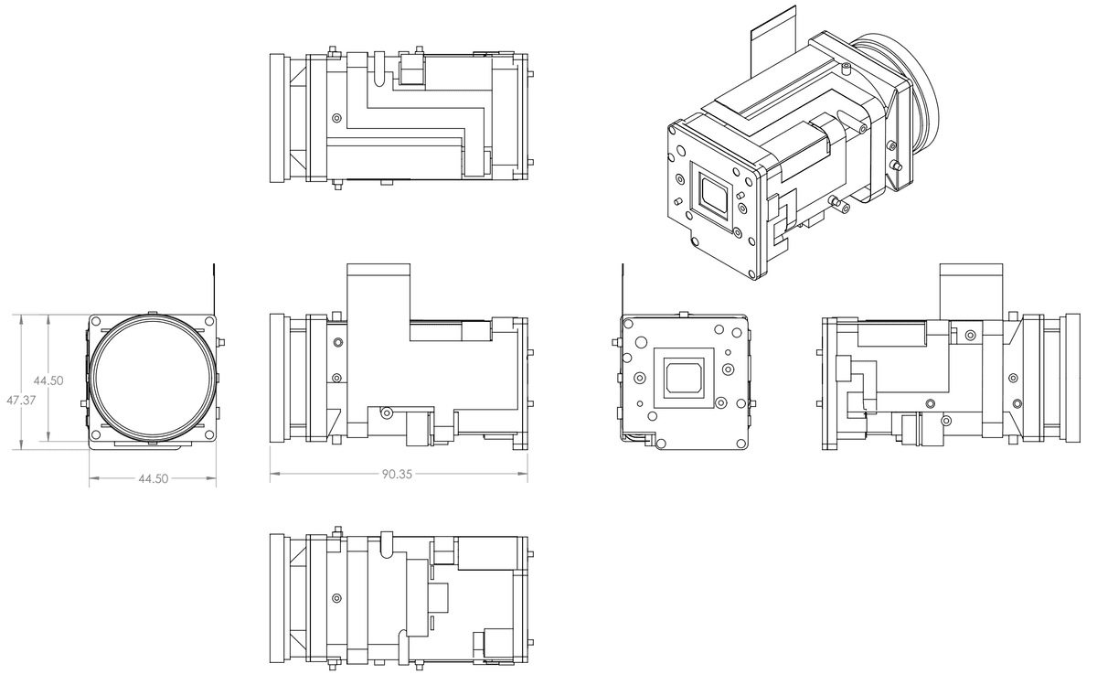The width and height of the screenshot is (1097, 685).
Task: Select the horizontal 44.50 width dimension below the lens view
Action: click(153, 478)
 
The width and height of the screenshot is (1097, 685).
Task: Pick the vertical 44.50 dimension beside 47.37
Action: click(48, 380)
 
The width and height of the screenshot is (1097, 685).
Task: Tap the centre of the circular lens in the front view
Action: click(154, 380)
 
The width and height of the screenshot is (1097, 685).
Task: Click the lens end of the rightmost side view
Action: click(1072, 379)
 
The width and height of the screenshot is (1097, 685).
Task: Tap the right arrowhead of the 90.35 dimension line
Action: click(525, 473)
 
